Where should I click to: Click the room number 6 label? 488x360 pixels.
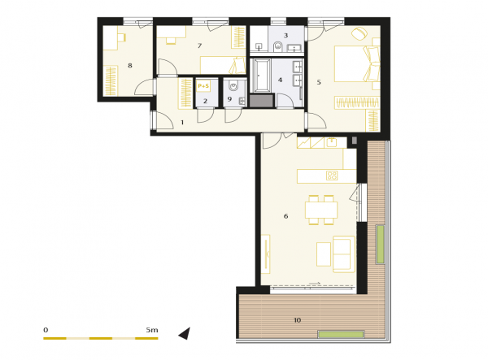click(x=285, y=216)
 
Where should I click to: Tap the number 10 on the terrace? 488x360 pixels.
click(x=297, y=320)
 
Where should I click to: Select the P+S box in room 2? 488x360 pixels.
click(x=203, y=86)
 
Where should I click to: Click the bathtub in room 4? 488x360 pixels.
click(x=261, y=76)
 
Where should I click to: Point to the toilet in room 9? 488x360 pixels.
click(x=233, y=85)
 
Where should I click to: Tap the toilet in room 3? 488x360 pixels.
click(x=277, y=47)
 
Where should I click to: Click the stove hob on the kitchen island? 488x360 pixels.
click(x=332, y=176)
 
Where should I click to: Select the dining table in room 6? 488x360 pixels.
click(x=321, y=210)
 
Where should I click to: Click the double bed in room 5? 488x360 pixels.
click(x=357, y=63)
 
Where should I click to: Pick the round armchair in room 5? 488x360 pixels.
click(x=359, y=33)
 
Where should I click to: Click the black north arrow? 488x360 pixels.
click(x=185, y=333)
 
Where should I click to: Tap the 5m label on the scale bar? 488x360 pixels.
click(x=152, y=330)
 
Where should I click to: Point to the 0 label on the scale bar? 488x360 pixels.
click(x=46, y=330)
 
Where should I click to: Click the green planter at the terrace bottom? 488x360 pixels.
click(x=341, y=335)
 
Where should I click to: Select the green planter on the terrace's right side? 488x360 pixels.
click(x=380, y=245)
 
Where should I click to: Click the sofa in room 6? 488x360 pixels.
click(x=343, y=254)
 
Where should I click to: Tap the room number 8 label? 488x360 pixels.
click(x=130, y=66)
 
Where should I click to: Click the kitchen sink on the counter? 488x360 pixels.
click(x=332, y=142)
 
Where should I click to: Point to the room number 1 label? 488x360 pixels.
click(x=182, y=123)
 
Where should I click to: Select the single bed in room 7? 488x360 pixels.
click(x=223, y=65)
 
